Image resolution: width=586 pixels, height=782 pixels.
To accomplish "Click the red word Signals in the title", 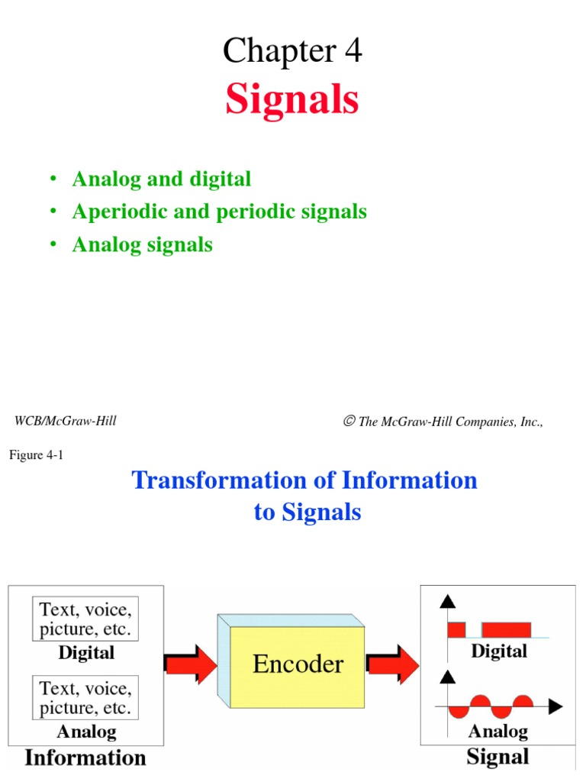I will click(x=292, y=100).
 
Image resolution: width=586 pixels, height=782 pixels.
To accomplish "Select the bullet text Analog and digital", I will click(x=161, y=179).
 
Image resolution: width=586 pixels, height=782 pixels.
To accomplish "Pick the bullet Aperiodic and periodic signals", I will click(x=220, y=212).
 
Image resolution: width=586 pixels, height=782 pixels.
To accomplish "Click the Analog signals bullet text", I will click(x=142, y=244).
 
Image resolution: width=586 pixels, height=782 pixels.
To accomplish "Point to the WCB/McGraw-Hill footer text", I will click(x=66, y=421).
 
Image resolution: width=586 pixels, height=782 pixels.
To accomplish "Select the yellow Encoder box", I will click(x=298, y=663).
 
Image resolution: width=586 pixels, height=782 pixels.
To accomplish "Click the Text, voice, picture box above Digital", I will click(x=85, y=619).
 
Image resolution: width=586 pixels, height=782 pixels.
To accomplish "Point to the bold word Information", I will click(x=85, y=758).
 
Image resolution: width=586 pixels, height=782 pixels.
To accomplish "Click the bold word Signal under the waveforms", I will click(x=497, y=757).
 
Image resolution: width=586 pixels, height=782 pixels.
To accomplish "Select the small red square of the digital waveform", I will click(x=456, y=630).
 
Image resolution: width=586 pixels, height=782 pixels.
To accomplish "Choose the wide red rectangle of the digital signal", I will click(x=507, y=630).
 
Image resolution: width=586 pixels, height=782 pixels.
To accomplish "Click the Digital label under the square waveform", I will click(x=499, y=651).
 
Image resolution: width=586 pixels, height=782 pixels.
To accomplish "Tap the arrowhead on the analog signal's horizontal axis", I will click(x=556, y=706).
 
